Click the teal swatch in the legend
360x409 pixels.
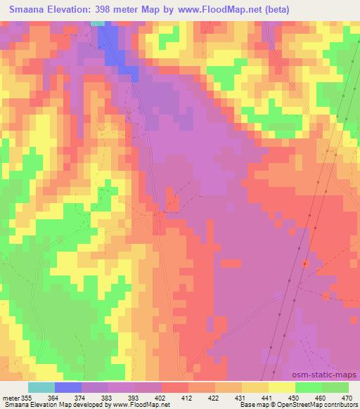41,387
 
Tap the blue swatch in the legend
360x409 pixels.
69,387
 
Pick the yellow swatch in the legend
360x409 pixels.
281,387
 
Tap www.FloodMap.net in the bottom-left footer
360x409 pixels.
150,405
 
